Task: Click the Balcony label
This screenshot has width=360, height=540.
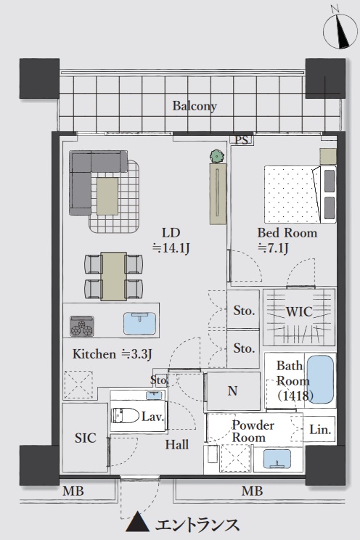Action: click(x=195, y=106)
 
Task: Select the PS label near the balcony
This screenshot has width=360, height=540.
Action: click(x=242, y=140)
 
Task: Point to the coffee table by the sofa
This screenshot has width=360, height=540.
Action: click(x=107, y=196)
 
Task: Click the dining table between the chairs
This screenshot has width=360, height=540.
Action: click(x=113, y=277)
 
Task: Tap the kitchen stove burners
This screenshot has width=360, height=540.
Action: click(x=82, y=326)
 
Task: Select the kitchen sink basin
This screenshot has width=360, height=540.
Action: click(x=139, y=323)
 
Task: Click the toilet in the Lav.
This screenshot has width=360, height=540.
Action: click(x=124, y=415)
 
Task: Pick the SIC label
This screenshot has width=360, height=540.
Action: click(x=86, y=438)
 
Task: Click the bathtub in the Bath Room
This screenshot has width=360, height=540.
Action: click(x=320, y=379)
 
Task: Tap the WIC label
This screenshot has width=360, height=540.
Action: click(x=299, y=311)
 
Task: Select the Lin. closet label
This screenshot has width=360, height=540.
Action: click(x=320, y=430)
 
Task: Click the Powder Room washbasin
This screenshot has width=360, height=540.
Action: click(x=278, y=459)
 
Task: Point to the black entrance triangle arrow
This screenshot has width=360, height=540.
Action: click(x=137, y=521)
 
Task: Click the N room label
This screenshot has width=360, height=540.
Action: click(x=232, y=391)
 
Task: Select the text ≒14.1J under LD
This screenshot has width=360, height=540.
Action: click(x=171, y=248)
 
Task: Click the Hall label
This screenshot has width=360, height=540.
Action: click(x=176, y=445)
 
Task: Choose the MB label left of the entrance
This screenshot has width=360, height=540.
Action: click(x=73, y=491)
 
